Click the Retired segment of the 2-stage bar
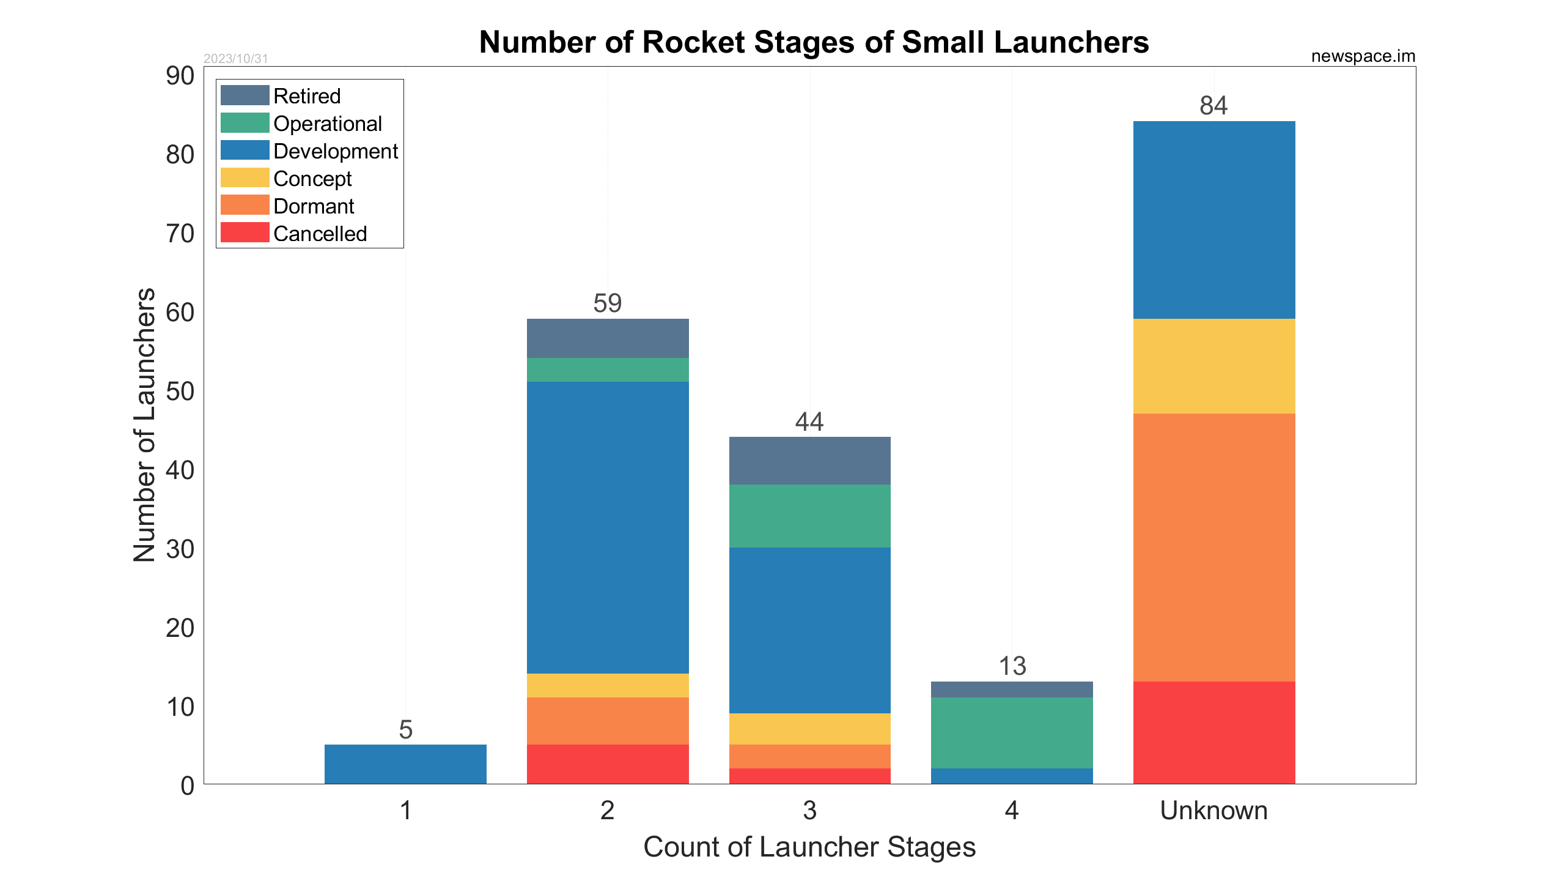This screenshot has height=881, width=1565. click(x=607, y=338)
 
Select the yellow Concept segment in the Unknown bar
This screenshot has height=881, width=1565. click(x=1213, y=366)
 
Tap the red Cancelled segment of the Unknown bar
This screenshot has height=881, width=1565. click(x=1213, y=732)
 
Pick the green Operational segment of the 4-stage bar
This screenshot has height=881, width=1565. click(x=1012, y=732)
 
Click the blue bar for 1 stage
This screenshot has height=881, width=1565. click(x=405, y=764)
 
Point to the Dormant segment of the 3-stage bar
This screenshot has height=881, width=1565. click(x=809, y=756)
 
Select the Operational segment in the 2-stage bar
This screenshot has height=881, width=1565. click(x=607, y=370)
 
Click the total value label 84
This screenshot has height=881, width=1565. click(x=1213, y=106)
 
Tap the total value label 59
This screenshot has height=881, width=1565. click(x=607, y=303)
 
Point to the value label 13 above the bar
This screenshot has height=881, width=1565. click(x=1012, y=666)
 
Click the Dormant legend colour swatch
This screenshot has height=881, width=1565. click(x=245, y=205)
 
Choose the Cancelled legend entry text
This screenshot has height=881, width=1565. click(x=320, y=234)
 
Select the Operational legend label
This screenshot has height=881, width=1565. click(x=327, y=124)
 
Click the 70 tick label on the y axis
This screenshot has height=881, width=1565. click(x=180, y=234)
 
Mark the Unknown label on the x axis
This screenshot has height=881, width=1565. click(x=1213, y=811)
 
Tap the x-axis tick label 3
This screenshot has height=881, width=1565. click(x=809, y=811)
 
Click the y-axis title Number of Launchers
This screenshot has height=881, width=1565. click(x=145, y=425)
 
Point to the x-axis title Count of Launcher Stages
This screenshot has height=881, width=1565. click(x=809, y=847)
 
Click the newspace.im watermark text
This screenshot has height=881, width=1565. click(x=1363, y=56)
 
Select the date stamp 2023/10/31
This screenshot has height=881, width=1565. click(x=235, y=59)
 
